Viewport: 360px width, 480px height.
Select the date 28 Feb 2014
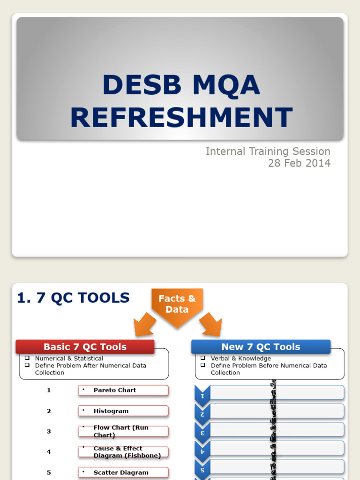coord(299,163)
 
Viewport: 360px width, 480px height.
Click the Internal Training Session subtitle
coord(268,151)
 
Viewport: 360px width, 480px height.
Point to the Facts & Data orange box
coord(177,304)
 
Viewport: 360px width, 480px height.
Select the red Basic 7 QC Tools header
coord(85,347)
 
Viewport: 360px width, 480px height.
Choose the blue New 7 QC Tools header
coord(261,347)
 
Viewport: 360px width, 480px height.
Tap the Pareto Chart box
coord(123,390)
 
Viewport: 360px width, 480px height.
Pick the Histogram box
coord(123,411)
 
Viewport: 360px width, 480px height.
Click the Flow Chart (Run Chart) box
coord(123,431)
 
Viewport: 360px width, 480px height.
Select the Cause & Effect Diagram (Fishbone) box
coord(123,452)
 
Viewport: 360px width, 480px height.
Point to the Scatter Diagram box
coord(123,472)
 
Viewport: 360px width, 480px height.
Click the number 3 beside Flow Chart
coord(49,431)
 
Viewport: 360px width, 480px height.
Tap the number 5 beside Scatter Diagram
coord(49,472)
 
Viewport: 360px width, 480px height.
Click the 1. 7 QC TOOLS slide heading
coord(73,298)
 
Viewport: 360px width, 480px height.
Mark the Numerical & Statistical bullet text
coord(69,359)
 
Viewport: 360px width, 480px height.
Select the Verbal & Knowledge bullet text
coord(240,359)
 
